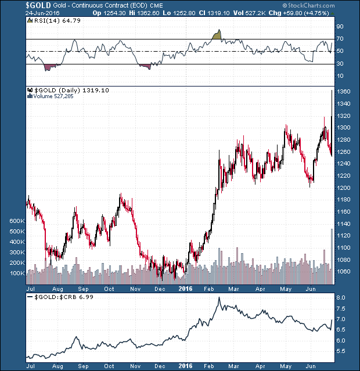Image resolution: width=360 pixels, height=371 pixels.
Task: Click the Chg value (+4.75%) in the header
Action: coord(333,13)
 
